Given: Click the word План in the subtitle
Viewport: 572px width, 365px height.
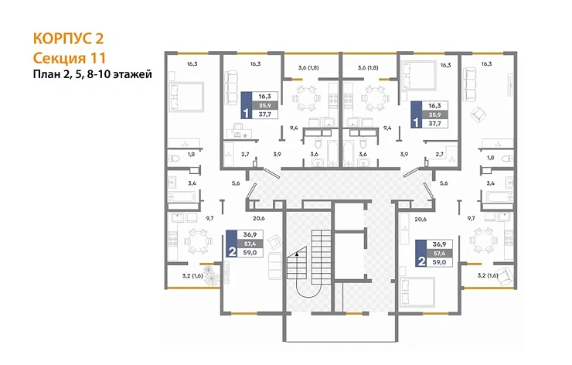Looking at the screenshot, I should [x=46, y=74].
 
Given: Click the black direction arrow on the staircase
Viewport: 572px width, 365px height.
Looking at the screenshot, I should [x=297, y=251].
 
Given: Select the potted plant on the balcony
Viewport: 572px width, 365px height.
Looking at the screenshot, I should [x=209, y=278].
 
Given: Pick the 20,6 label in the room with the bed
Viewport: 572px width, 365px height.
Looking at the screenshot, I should [x=420, y=219].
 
